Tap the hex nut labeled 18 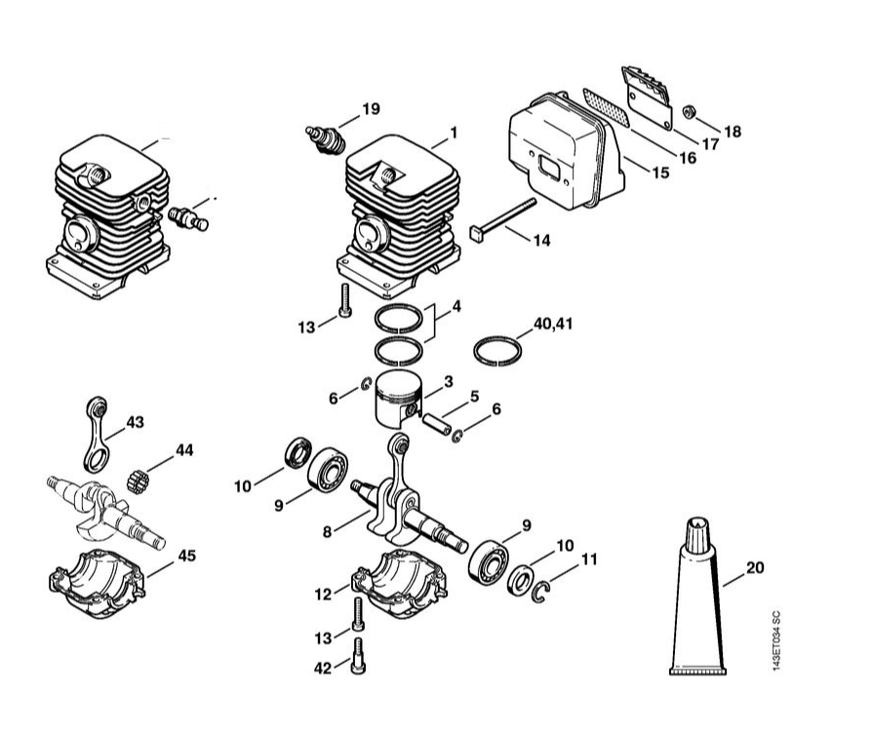[688, 112]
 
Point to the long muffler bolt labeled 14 [503, 218]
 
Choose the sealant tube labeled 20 [697, 596]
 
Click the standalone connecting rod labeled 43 [98, 433]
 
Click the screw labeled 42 [358, 657]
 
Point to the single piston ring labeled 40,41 [497, 351]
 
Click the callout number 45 [187, 556]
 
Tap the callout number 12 [323, 595]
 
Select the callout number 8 [327, 532]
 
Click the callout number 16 [688, 158]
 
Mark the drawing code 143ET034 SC [777, 640]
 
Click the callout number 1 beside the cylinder [454, 134]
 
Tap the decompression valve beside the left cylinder [188, 218]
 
